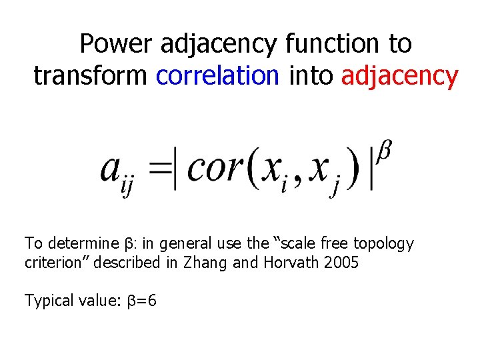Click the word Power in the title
[117, 44]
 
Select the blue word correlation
[217, 76]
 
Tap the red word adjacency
[399, 76]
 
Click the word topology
[385, 244]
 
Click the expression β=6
[142, 301]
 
